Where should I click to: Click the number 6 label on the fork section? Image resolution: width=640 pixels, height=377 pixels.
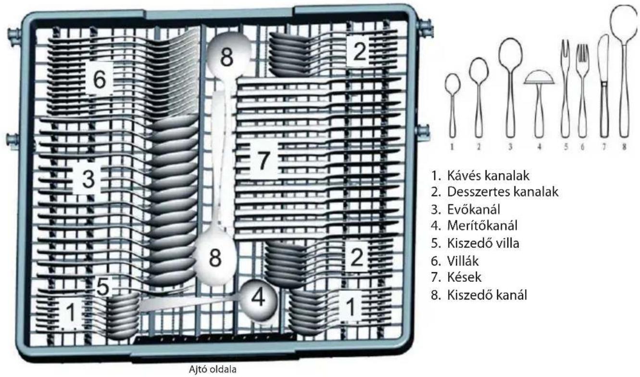(x=100, y=78)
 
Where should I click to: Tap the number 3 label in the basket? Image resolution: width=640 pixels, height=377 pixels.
(x=88, y=179)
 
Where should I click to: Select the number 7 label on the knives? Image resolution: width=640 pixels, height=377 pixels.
(x=264, y=160)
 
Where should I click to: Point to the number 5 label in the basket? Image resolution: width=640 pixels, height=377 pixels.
(x=103, y=287)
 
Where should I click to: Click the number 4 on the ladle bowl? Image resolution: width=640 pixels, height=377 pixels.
(x=258, y=298)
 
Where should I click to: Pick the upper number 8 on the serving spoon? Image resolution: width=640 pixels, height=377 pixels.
(x=226, y=57)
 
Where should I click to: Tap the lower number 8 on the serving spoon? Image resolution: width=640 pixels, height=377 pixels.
(x=215, y=258)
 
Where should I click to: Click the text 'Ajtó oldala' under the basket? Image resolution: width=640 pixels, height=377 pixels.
(x=213, y=369)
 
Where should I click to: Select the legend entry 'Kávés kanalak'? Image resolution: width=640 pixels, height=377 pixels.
(x=480, y=176)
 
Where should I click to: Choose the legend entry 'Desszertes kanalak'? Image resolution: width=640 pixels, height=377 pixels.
(x=495, y=192)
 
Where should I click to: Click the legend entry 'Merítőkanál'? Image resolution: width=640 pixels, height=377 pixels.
(x=474, y=226)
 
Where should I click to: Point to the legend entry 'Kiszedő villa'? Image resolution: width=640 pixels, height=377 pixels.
(x=475, y=243)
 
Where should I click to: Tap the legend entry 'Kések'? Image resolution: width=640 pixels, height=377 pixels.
(x=456, y=277)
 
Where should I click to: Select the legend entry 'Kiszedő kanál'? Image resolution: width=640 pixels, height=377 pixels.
(x=479, y=295)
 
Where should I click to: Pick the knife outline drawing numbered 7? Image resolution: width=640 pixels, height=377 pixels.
(x=604, y=86)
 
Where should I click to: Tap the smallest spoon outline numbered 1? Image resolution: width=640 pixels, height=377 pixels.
(x=452, y=105)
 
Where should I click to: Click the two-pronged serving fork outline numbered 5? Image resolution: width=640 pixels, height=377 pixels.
(x=565, y=88)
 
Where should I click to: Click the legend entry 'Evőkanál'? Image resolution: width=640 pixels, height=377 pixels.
(x=466, y=210)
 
